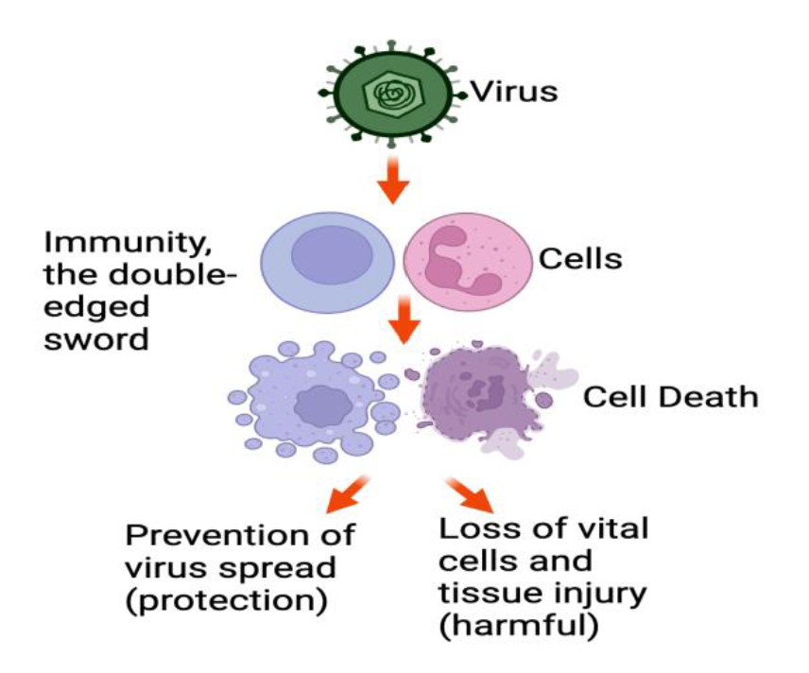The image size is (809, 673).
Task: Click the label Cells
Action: (x=580, y=257)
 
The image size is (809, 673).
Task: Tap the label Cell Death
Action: (x=669, y=396)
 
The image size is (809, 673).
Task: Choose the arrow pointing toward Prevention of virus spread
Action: (x=346, y=492)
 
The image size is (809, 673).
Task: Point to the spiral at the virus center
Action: (x=387, y=94)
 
